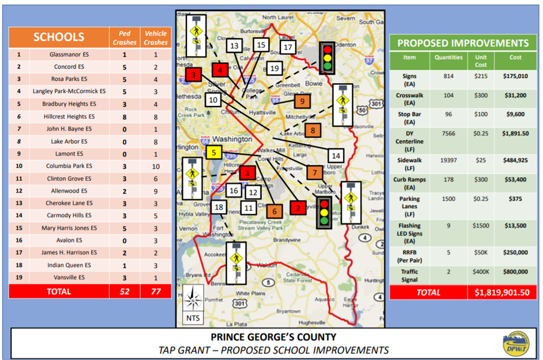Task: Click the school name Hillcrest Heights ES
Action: pos(69,117)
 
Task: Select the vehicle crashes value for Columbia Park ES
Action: pos(155,166)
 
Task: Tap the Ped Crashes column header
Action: pos(124,38)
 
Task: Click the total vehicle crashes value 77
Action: pos(155,291)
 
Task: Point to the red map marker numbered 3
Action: pos(194,75)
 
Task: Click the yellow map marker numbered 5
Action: pos(214,152)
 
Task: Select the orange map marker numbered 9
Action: pos(302,101)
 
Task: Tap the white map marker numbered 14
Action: pos(336,156)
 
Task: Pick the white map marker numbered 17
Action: pos(288,47)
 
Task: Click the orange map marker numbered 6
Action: pos(274,211)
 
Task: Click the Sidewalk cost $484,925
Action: pos(515,160)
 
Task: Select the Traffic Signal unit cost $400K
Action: pos(481,272)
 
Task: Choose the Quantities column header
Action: pos(448,57)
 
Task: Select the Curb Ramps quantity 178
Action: pos(448,180)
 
